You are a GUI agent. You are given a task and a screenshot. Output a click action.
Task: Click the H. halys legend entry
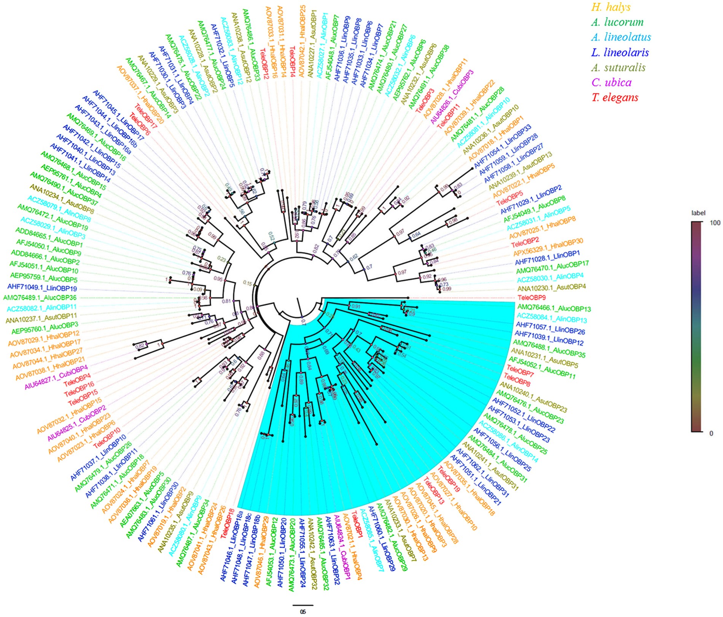coord(611,7)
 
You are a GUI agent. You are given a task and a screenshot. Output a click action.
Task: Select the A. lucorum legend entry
coord(617,22)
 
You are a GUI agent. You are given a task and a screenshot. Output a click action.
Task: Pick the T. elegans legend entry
coord(615,98)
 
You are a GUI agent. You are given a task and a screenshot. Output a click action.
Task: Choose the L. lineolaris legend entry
coord(620,52)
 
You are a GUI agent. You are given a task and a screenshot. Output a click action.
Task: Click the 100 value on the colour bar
coord(715,223)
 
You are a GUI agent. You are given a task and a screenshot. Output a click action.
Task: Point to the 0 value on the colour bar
coord(711,433)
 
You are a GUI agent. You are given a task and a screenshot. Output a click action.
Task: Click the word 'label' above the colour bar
coord(698,213)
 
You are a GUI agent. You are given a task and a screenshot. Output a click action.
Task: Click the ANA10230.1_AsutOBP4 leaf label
coord(552,289)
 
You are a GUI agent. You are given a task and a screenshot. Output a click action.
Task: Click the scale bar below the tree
coord(303,605)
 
